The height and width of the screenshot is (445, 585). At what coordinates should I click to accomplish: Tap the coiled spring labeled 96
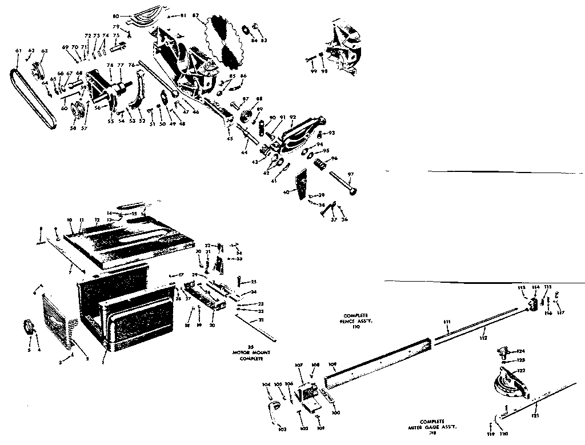(x=320, y=166)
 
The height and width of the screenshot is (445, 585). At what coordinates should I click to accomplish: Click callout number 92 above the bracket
(x=293, y=117)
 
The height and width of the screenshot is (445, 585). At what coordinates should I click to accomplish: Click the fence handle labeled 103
(x=273, y=406)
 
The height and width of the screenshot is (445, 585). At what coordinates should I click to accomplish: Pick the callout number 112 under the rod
(x=483, y=339)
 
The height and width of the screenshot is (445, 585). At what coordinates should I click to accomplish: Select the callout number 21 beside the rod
(x=261, y=320)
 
